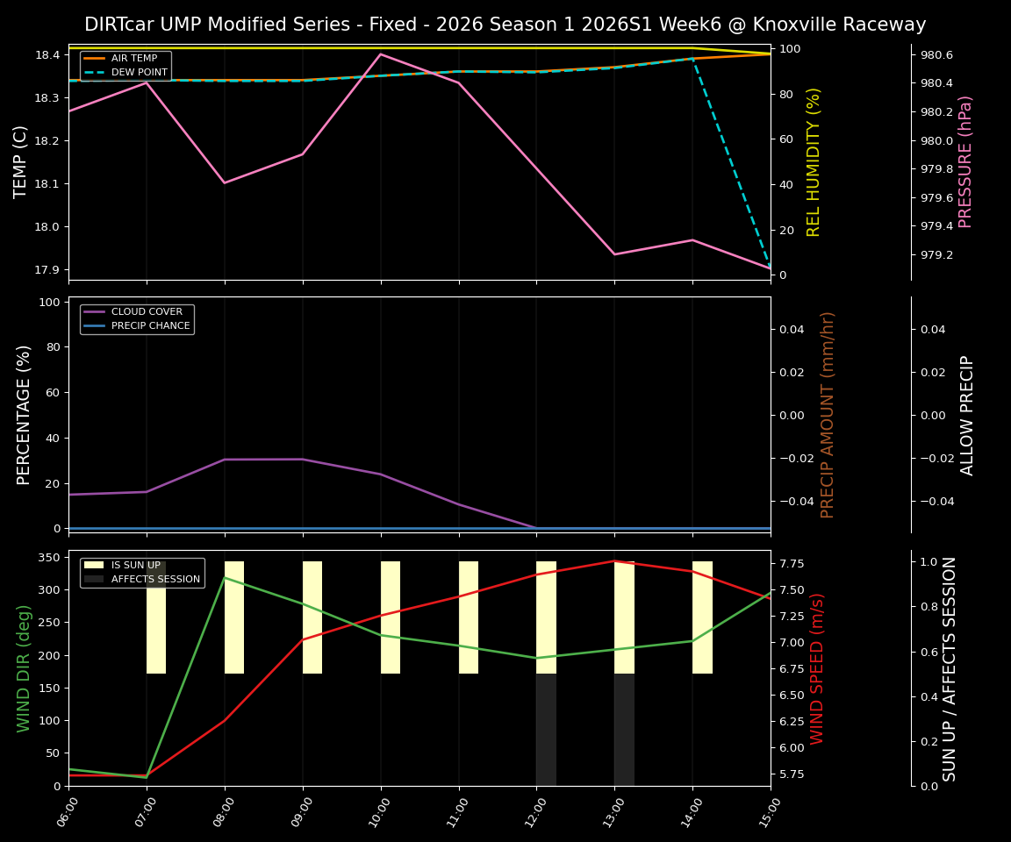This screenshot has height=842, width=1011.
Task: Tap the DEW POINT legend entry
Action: coord(135,73)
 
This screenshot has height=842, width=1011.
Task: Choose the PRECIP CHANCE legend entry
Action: coord(150,326)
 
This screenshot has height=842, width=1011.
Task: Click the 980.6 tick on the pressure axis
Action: coord(936,54)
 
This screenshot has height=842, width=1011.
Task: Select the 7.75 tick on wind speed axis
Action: coord(794,563)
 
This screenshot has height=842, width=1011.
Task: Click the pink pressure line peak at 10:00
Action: coord(380,54)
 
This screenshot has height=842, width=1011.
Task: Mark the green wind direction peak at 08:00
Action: coord(225,577)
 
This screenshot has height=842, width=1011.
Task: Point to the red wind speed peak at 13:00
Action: coord(614,561)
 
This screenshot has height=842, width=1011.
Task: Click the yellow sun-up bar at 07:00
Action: coord(156,617)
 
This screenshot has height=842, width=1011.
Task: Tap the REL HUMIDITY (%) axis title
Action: coord(814,162)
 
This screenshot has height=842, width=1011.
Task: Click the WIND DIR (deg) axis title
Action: coord(24,668)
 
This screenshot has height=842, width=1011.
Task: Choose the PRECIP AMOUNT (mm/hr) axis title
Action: coord(828,415)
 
